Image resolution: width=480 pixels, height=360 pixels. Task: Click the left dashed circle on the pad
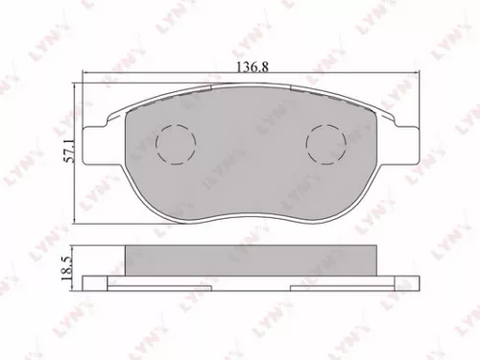[175, 145]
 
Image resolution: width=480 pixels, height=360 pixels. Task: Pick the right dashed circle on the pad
[324, 145]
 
